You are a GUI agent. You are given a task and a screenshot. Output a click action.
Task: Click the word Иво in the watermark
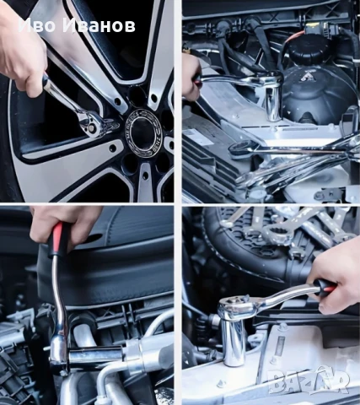[x=37, y=26]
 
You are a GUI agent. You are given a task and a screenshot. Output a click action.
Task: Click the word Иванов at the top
[x=99, y=26]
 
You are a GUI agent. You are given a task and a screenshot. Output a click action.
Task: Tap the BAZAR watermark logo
[x=308, y=381]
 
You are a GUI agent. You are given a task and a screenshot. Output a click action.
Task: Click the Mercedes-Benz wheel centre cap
[x=143, y=132]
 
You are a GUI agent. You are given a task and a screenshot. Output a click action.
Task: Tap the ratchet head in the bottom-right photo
[x=235, y=303]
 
